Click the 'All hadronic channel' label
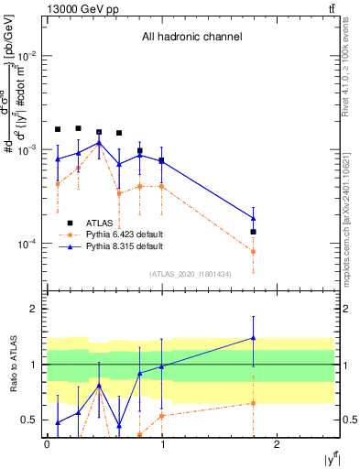191,38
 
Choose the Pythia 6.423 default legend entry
124,234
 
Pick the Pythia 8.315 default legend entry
124,246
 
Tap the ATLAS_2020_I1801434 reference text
191,274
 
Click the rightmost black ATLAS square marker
253,232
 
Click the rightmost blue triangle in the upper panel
253,218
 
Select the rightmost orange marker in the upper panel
253,251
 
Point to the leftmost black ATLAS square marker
58,130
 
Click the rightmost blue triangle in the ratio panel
253,338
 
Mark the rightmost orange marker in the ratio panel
253,403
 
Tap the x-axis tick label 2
279,443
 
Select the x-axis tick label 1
162,443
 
